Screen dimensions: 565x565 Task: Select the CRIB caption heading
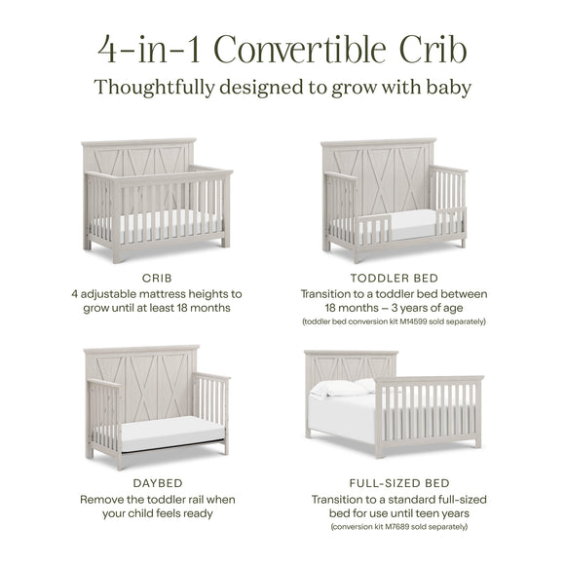pyautogui.click(x=156, y=278)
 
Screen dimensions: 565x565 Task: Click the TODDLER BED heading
pyautogui.click(x=393, y=278)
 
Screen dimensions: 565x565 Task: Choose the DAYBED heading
pyautogui.click(x=156, y=482)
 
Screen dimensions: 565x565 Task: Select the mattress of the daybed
pyautogui.click(x=171, y=429)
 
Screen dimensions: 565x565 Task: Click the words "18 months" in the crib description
pyautogui.click(x=204, y=308)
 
